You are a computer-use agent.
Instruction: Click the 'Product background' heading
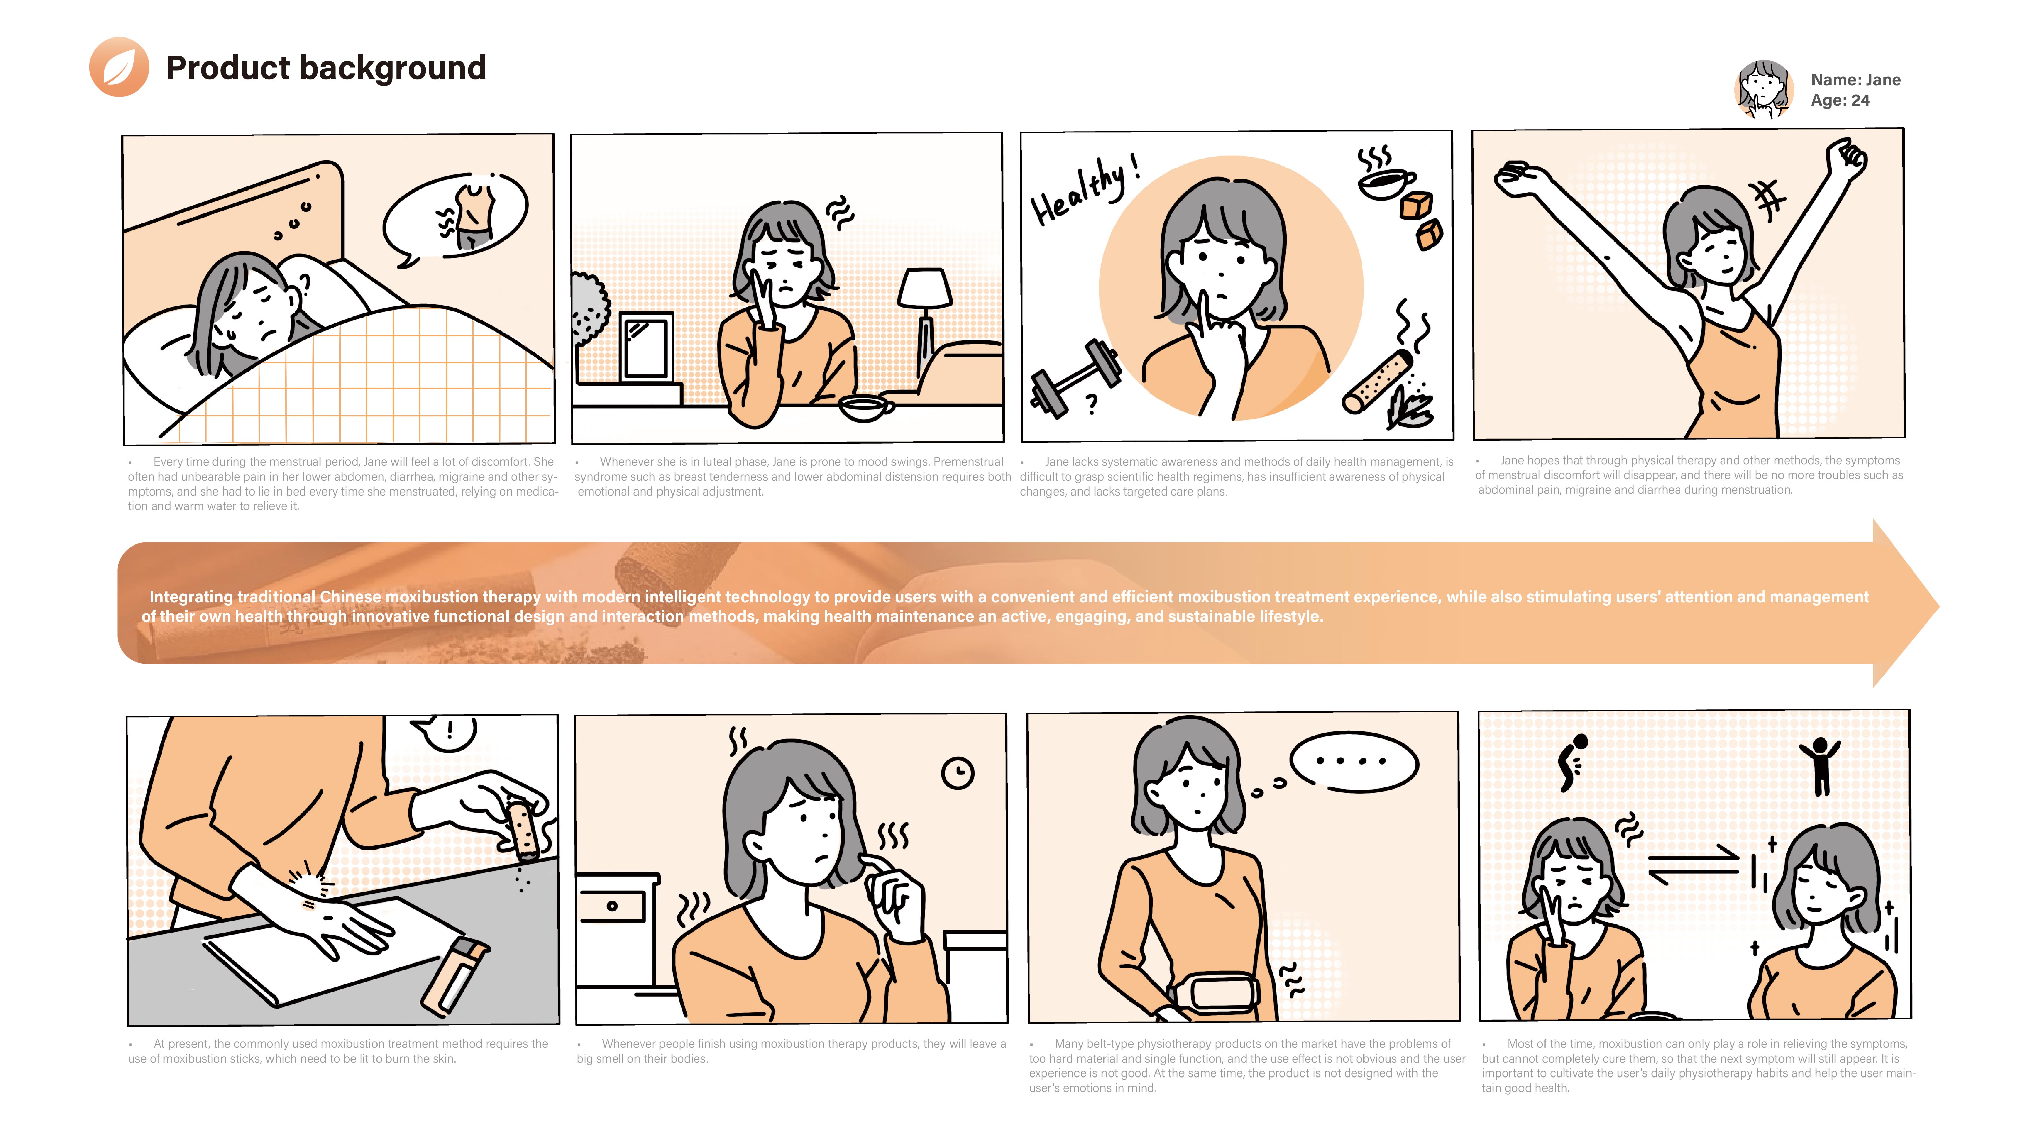tap(326, 68)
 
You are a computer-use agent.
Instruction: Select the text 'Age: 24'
tap(1840, 101)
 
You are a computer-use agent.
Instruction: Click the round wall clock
tap(958, 772)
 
